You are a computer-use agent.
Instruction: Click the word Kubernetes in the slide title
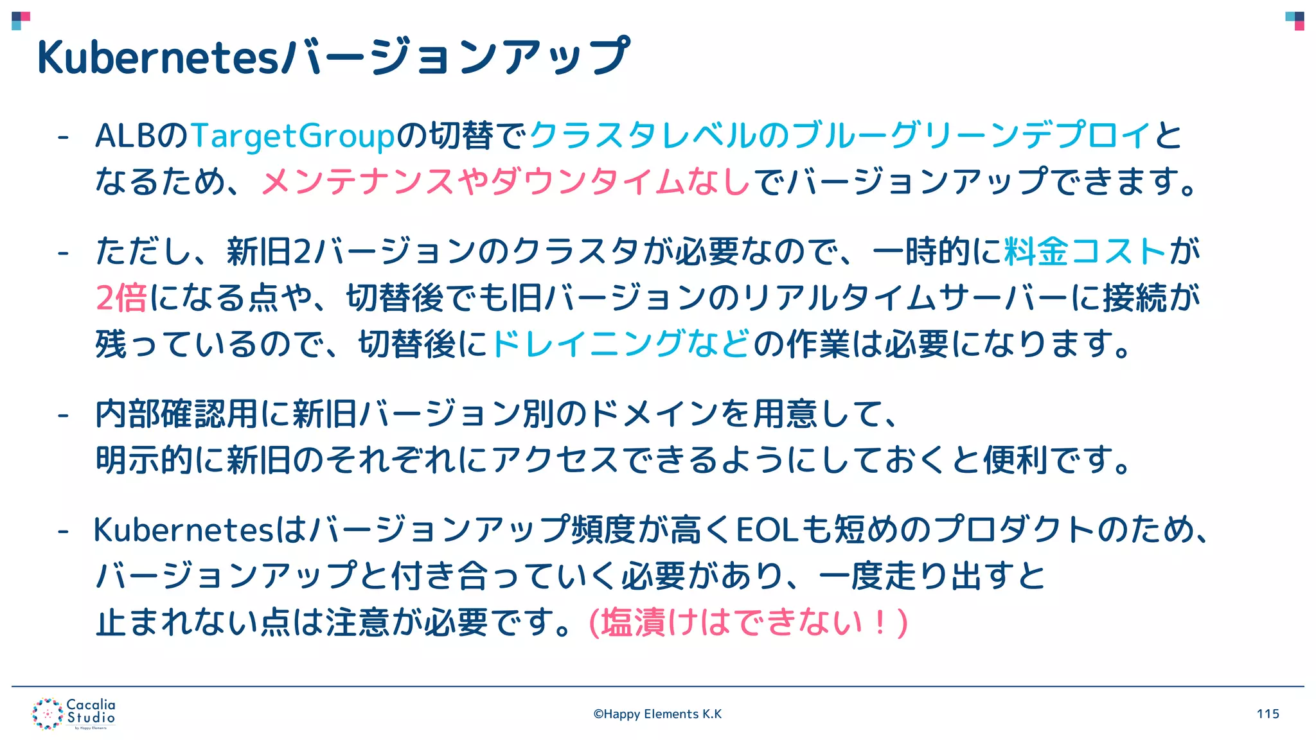click(x=157, y=58)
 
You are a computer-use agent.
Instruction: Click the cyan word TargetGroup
click(x=292, y=136)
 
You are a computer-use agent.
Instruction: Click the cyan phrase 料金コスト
click(x=1085, y=251)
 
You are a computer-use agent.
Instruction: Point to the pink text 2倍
click(x=121, y=298)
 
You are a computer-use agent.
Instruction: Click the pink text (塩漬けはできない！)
click(x=748, y=622)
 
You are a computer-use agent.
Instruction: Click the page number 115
click(x=1268, y=714)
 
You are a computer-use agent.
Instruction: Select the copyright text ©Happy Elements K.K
click(x=657, y=714)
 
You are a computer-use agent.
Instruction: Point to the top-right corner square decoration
click(x=1294, y=21)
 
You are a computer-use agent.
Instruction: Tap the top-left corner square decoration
click(x=21, y=21)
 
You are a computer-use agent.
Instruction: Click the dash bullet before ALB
click(x=63, y=137)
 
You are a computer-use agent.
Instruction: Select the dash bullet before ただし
click(x=63, y=252)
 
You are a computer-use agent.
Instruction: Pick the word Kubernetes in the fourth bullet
click(x=184, y=530)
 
